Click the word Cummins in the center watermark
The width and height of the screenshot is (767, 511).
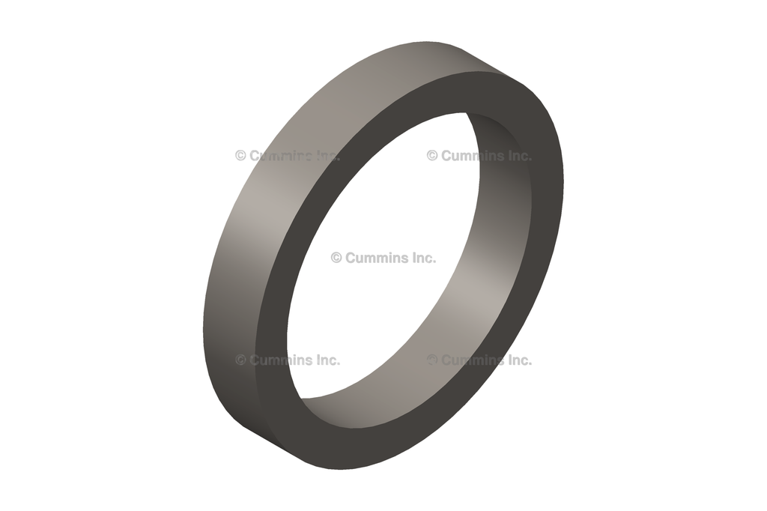point(376,258)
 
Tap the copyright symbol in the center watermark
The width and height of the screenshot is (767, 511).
point(336,258)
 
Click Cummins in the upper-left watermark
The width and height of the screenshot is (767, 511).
point(280,156)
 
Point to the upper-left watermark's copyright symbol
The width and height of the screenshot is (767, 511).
point(240,156)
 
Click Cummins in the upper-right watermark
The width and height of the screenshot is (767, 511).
point(472,156)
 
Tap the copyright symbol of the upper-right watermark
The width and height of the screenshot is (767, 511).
point(432,156)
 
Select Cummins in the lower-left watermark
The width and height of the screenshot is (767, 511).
point(280,360)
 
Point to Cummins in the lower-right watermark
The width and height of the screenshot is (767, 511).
point(472,360)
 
